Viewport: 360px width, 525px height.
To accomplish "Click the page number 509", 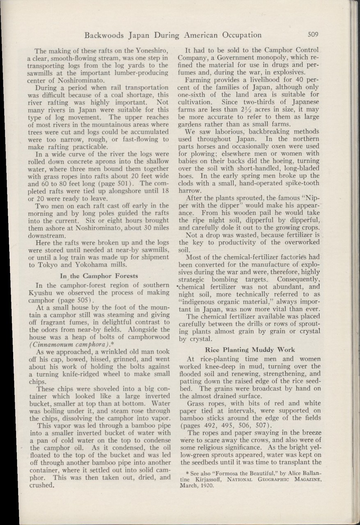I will (x=317, y=35).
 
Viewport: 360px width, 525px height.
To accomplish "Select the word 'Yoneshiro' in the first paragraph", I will (x=138, y=51).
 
